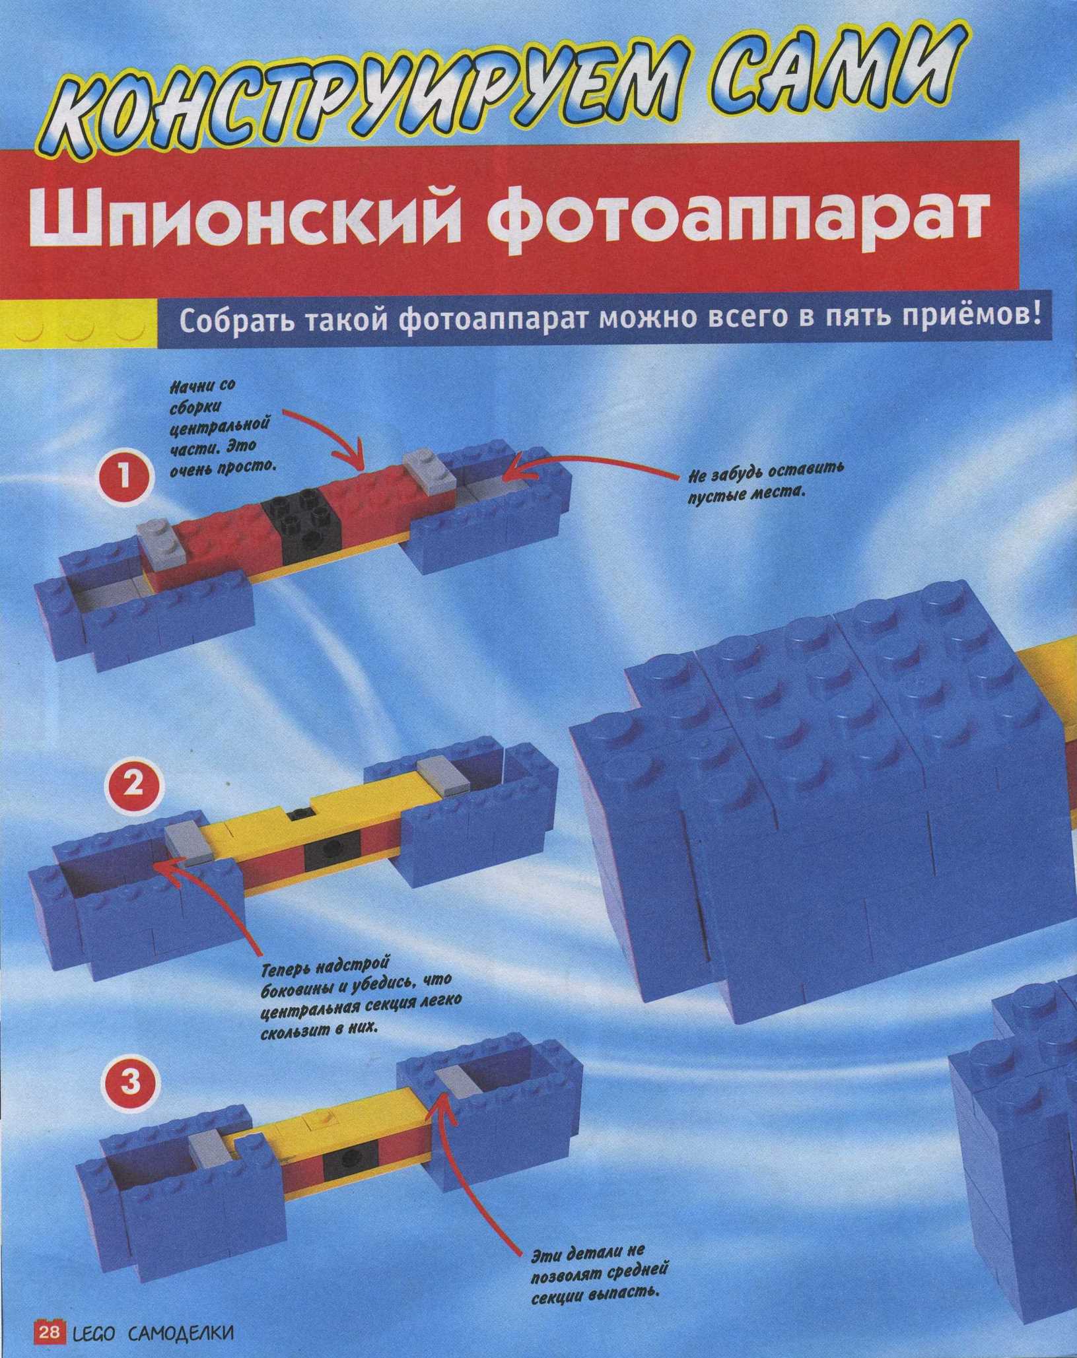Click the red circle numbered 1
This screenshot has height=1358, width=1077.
(123, 477)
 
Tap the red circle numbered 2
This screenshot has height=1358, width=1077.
(134, 784)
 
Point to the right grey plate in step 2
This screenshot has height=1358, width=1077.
(442, 773)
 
